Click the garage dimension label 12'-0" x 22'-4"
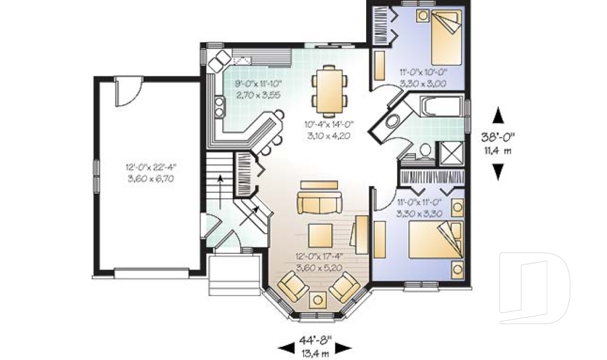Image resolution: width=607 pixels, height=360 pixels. coord(150,168)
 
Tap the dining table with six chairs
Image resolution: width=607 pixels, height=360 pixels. coord(329,88)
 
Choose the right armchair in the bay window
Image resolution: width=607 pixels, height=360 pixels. coord(345,287)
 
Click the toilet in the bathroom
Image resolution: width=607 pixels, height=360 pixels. coord(425,151)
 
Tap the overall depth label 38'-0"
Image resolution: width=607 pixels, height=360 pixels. coord(498,137)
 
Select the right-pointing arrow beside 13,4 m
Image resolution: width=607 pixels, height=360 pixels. coord(343,347)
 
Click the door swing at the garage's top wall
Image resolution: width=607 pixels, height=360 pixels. coord(124,92)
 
